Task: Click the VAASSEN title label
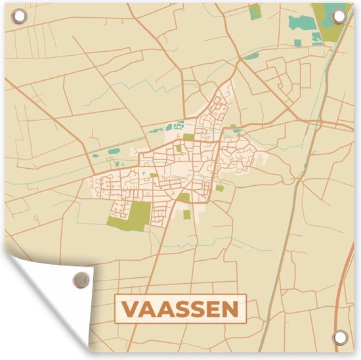click(179, 308)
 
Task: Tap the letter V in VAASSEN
click(131, 308)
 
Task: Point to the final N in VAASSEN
click(230, 308)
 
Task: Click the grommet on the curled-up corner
click(80, 279)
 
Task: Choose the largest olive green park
click(138, 215)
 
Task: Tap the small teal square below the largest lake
click(299, 43)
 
